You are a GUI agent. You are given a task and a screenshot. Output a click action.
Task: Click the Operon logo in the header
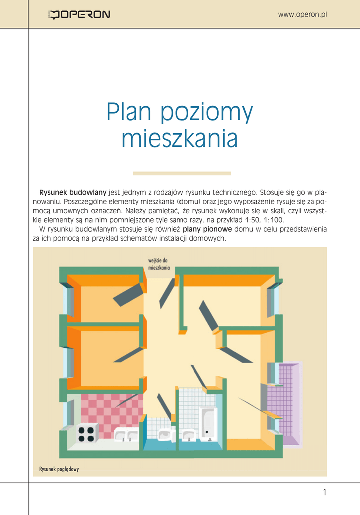78,15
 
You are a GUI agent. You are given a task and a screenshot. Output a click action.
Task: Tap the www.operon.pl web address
302,14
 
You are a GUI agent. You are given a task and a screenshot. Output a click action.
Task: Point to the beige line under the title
182,174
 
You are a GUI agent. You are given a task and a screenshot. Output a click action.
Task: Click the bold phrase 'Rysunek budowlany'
72,192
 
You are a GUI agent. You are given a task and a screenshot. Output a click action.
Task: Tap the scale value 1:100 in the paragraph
274,220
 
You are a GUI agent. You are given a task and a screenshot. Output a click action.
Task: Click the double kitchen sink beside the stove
126,435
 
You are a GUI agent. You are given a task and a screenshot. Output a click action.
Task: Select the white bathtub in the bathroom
207,422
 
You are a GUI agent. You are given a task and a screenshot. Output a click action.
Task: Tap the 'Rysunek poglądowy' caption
59,469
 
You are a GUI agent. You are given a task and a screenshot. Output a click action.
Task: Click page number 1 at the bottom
325,492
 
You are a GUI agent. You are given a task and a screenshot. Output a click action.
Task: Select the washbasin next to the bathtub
188,435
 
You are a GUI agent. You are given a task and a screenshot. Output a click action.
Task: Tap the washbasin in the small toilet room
165,435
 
